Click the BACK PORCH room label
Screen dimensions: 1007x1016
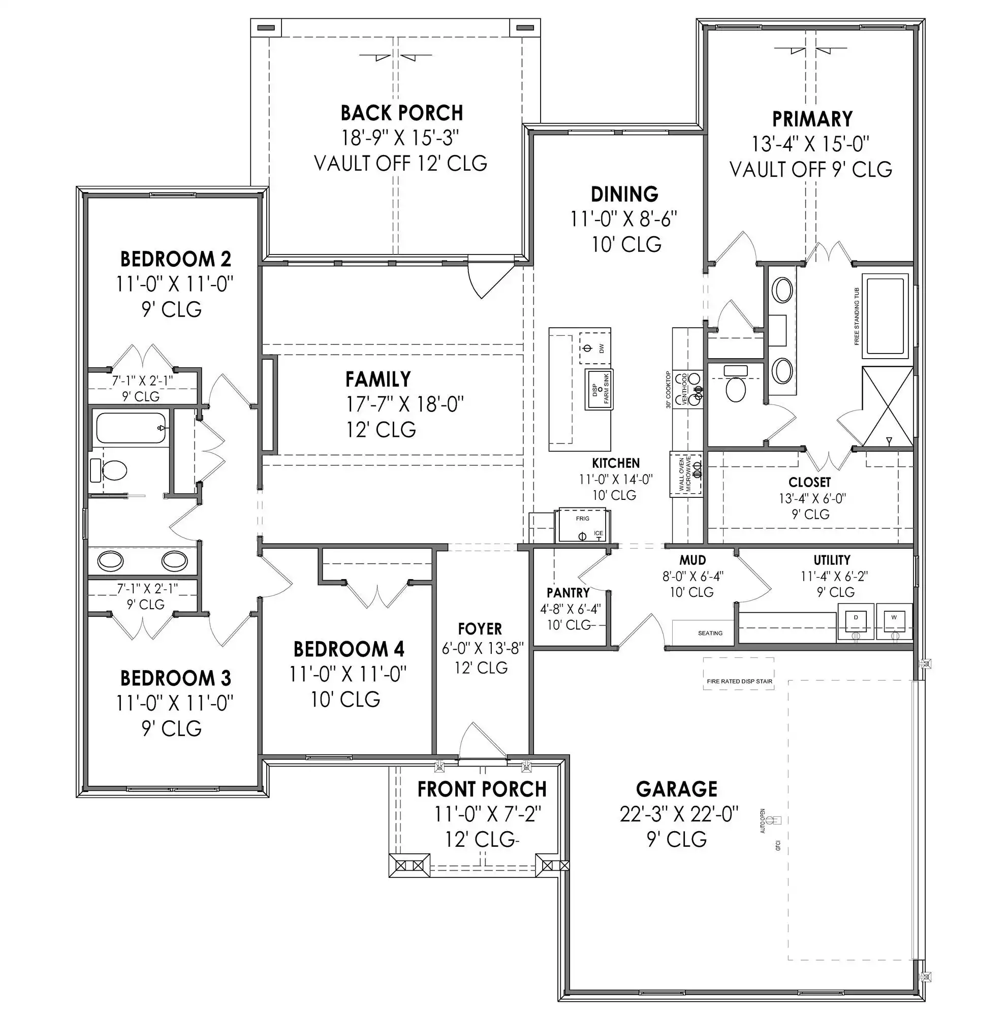coord(402,113)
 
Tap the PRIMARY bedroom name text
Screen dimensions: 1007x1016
coord(812,119)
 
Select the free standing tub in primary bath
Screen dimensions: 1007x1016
coord(886,315)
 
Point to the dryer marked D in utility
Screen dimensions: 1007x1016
coord(856,622)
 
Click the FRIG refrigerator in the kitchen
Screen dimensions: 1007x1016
coord(582,525)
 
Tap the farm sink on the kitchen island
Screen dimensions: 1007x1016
coord(600,390)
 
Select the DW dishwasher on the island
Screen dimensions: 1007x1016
coord(595,347)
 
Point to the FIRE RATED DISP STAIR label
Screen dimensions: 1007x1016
coord(739,681)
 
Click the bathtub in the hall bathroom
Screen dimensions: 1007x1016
coord(131,428)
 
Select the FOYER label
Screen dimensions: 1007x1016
coord(480,629)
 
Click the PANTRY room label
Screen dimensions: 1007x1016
coord(568,593)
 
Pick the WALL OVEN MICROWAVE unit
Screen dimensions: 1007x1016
coord(686,474)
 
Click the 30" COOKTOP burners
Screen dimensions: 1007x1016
coord(696,387)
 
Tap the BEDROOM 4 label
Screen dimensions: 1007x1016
coord(349,649)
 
